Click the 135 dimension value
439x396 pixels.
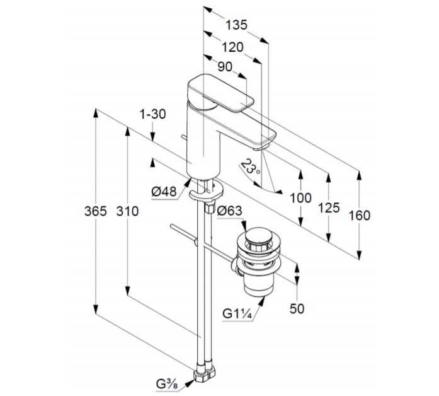tap(236, 25)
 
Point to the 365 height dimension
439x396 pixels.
tap(96, 212)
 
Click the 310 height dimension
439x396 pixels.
tap(127, 212)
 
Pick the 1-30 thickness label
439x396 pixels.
tap(152, 114)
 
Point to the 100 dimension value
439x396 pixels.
tap(300, 198)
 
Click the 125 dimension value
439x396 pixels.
tap(329, 207)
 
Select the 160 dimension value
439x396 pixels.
tap(359, 215)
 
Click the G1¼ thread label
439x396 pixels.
tap(237, 313)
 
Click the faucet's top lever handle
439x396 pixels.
tap(220, 92)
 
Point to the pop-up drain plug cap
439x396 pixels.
tap(258, 239)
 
